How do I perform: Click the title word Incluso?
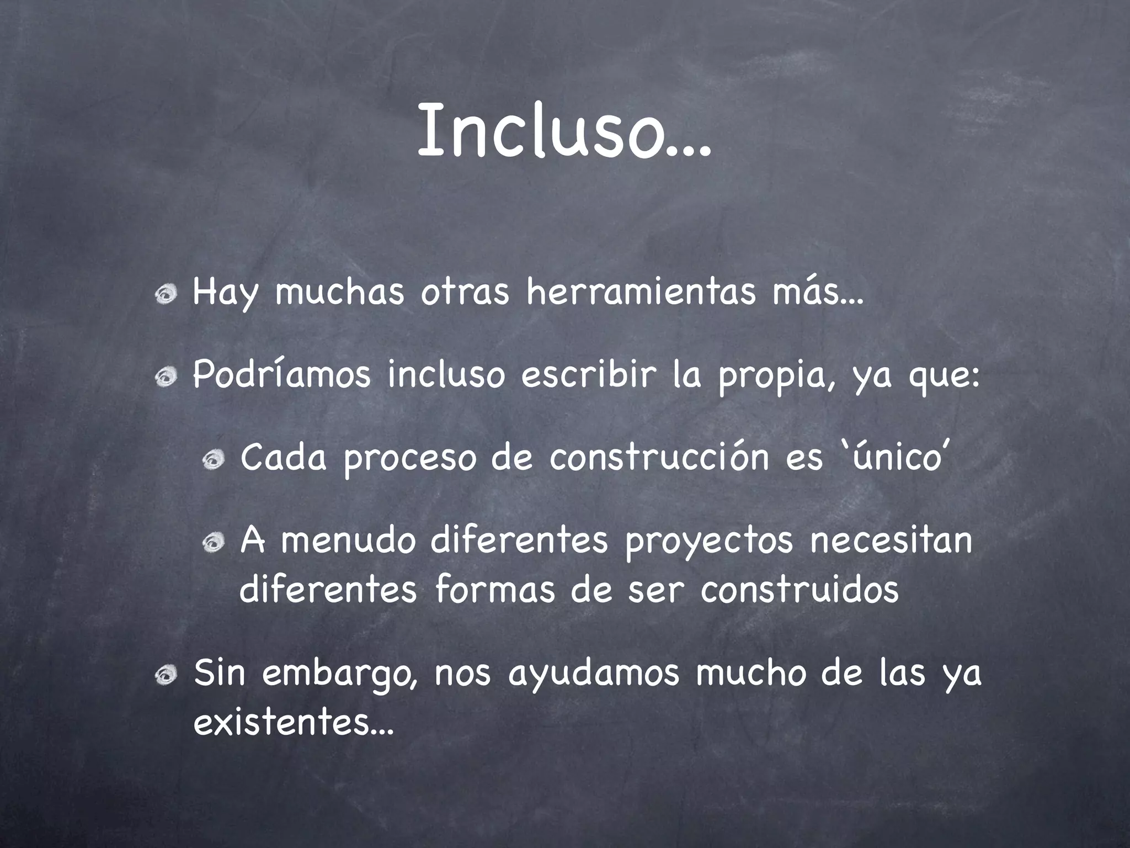[x=563, y=131]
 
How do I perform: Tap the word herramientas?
[x=641, y=293]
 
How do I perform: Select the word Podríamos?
[x=281, y=375]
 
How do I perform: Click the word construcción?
[x=659, y=458]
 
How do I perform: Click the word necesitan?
[x=891, y=540]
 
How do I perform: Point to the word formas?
[x=494, y=589]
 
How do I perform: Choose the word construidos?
[x=799, y=589]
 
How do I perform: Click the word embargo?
[x=340, y=675]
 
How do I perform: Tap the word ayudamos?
[x=593, y=675]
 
